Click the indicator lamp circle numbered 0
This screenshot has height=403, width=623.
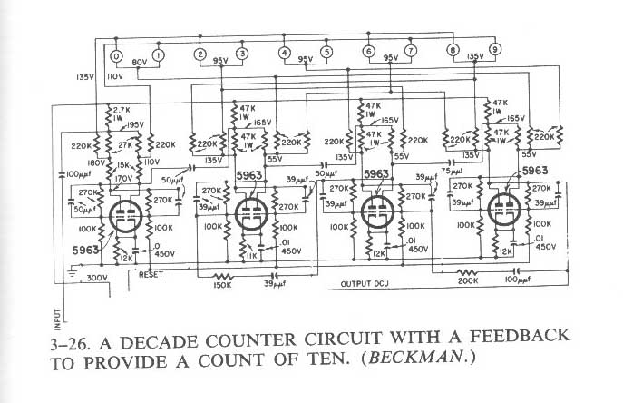click(x=115, y=55)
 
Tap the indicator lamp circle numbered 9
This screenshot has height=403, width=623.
click(x=495, y=49)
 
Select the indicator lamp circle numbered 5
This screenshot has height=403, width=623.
click(x=326, y=53)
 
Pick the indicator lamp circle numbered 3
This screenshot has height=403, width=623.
click(x=242, y=54)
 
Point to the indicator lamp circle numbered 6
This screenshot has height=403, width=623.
click(x=368, y=52)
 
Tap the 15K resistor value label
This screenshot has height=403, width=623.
click(x=122, y=165)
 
